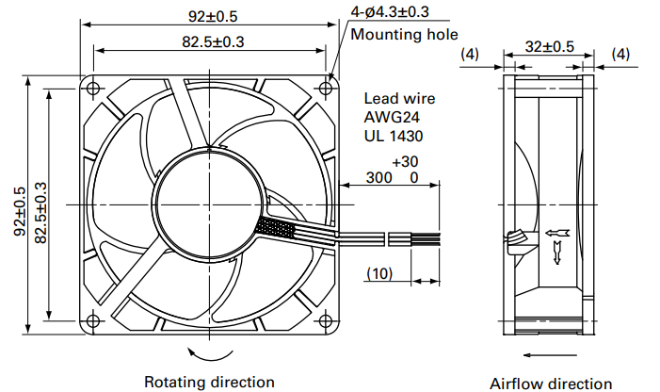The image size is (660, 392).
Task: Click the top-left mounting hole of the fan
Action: pyautogui.click(x=93, y=88)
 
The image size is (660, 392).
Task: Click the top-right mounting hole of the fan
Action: pyautogui.click(x=326, y=88)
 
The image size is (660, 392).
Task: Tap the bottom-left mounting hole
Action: pyautogui.click(x=93, y=321)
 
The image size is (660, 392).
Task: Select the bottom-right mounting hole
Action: pyautogui.click(x=326, y=321)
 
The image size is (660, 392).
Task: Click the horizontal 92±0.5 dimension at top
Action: pyautogui.click(x=213, y=16)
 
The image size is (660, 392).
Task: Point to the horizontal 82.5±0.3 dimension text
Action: pyautogui.click(x=213, y=42)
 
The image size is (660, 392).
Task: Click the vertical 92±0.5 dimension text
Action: pyautogui.click(x=20, y=211)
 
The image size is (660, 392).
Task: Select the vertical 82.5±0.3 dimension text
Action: pyautogui.click(x=40, y=213)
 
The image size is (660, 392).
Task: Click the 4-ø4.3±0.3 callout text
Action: pyautogui.click(x=390, y=11)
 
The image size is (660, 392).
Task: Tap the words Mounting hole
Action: pyautogui.click(x=404, y=34)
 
